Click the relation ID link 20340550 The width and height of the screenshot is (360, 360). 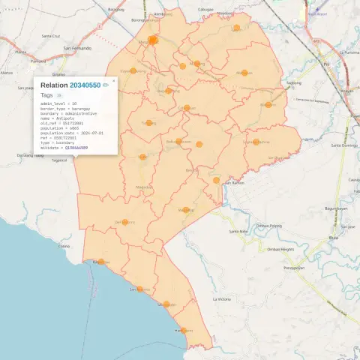(85, 85)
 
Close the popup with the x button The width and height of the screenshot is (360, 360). (114, 80)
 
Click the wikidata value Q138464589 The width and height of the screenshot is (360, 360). (76, 148)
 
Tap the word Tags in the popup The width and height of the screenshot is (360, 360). (46, 95)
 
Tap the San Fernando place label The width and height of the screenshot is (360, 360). (77, 48)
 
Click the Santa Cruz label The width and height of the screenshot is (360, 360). (51, 36)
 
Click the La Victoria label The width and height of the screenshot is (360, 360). (221, 299)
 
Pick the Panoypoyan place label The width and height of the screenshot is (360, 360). (294, 267)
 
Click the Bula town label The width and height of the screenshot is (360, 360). (334, 238)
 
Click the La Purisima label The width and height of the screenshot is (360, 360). (349, 52)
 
